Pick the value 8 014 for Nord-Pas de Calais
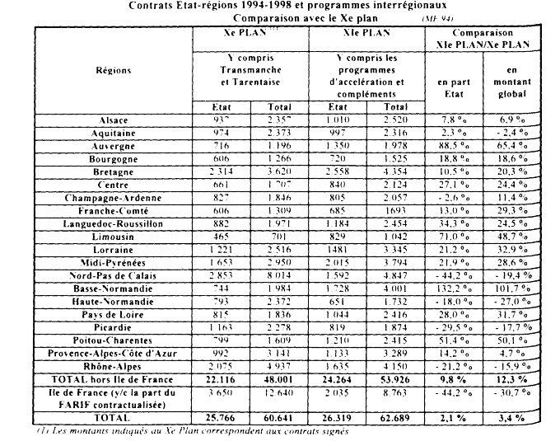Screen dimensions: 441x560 click(x=278, y=274)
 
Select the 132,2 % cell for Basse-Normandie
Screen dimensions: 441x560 click(x=451, y=288)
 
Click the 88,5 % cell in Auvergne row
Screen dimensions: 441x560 click(x=451, y=146)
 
